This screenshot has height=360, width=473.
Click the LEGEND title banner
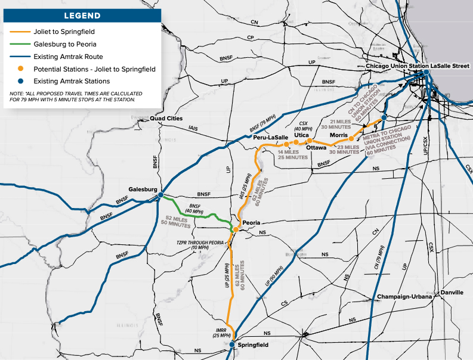82,15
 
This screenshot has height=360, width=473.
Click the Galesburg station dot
160,194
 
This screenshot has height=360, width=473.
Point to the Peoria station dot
236,229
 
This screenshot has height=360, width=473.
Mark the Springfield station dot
231,344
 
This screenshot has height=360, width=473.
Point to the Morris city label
347,135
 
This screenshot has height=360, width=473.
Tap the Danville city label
451,293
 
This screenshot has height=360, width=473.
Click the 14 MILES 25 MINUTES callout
293,154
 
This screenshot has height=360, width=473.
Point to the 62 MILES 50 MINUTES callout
177,222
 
